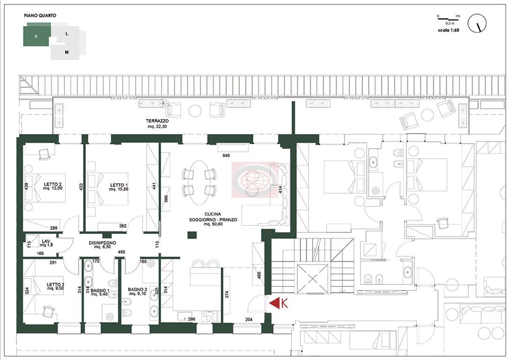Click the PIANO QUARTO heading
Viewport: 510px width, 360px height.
pos(40,15)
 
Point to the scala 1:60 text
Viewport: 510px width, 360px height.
pos(448,30)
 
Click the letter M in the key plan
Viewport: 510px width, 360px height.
pos(67,52)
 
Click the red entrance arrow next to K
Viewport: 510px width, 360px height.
pos(274,303)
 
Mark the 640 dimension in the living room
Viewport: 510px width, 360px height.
pos(226,156)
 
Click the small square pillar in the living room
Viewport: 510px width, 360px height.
pos(192,235)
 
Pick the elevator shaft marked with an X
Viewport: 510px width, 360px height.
pos(312,278)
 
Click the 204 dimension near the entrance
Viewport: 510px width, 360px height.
pos(249,319)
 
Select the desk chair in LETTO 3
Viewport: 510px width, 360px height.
pos(49,312)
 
